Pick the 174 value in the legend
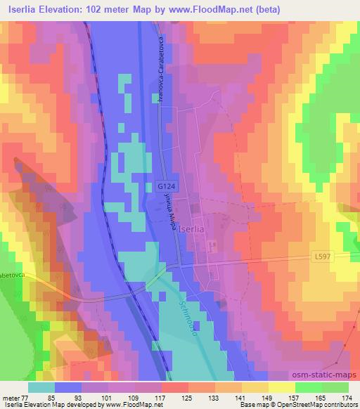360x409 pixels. pos(347,397)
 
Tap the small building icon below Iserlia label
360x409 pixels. pos(212,245)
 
